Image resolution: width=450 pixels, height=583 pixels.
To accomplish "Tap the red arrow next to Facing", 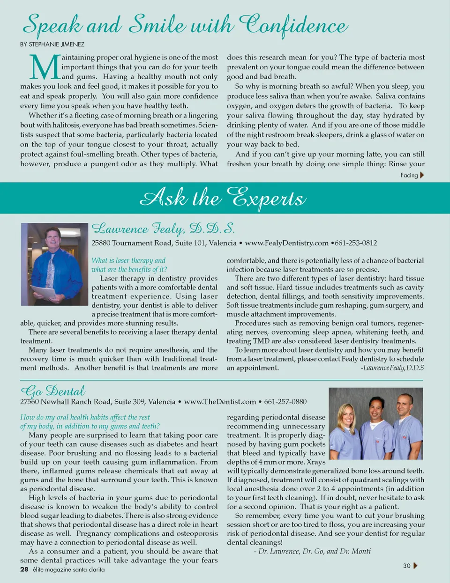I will click(x=422, y=175).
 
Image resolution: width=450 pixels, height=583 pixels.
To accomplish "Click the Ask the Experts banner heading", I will click(x=223, y=198).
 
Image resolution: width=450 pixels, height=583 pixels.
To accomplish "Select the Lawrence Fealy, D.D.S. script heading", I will click(x=163, y=229).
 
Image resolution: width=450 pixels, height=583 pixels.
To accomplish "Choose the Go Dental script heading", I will click(x=53, y=391).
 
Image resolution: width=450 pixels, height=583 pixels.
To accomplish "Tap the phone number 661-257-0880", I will click(x=285, y=402).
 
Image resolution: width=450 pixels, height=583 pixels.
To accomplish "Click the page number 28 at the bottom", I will click(x=24, y=569).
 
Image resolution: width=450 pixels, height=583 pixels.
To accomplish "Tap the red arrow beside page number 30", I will click(x=415, y=566).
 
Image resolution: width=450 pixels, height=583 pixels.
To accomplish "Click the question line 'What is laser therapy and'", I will click(x=128, y=260).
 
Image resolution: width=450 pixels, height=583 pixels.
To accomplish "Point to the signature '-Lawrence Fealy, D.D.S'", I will click(x=392, y=368).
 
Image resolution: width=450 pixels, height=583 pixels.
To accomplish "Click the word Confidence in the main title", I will click(x=293, y=26).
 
